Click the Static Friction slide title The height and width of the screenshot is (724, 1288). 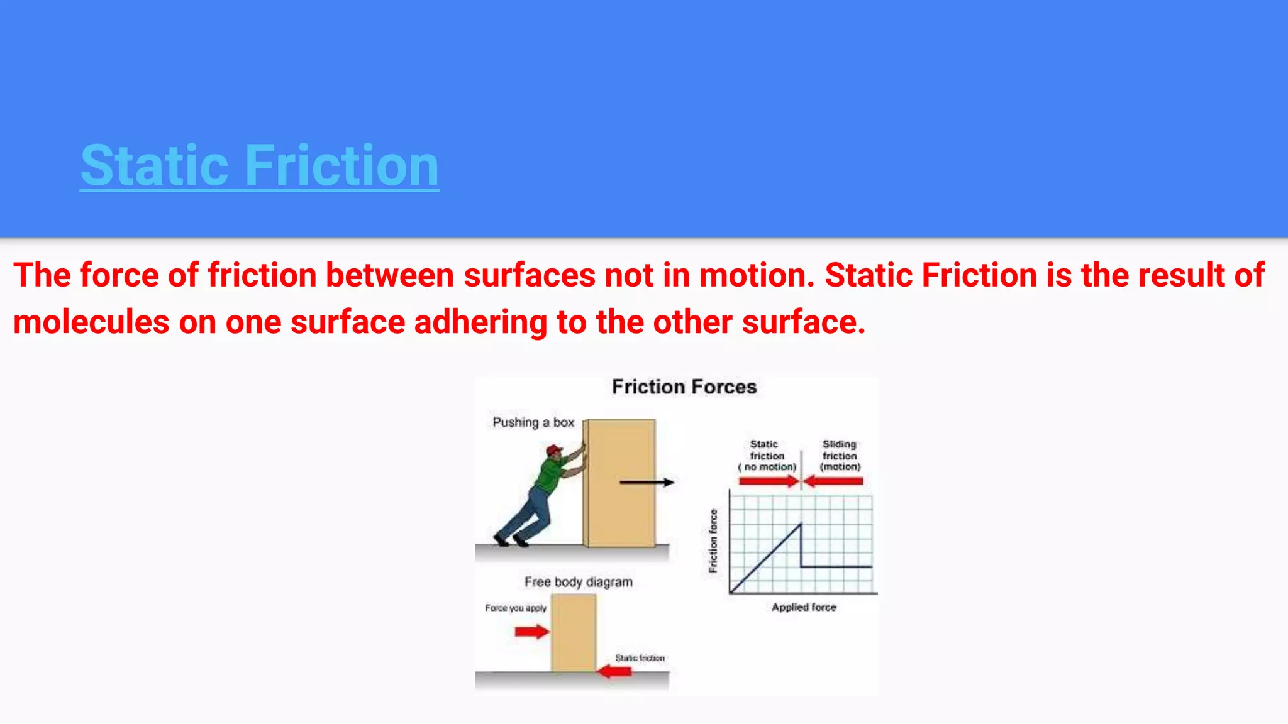pyautogui.click(x=259, y=165)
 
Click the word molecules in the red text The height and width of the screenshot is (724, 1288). pyautogui.click(x=91, y=322)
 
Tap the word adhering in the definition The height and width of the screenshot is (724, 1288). pyautogui.click(x=480, y=322)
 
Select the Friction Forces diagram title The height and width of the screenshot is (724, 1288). pyautogui.click(x=684, y=387)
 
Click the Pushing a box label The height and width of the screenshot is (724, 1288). pyautogui.click(x=533, y=422)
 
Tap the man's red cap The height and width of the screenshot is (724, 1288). pyautogui.click(x=554, y=449)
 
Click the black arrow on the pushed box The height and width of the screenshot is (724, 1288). pyautogui.click(x=646, y=482)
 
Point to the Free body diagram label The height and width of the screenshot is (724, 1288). pyautogui.click(x=578, y=582)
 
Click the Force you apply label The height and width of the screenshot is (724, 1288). pyautogui.click(x=516, y=608)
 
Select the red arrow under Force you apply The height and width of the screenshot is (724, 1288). pyautogui.click(x=531, y=631)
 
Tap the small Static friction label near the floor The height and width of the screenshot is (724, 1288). pyautogui.click(x=640, y=657)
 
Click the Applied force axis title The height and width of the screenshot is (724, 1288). pyautogui.click(x=804, y=607)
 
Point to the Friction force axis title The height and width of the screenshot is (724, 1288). pyautogui.click(x=713, y=540)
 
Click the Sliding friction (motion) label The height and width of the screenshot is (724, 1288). pyautogui.click(x=840, y=456)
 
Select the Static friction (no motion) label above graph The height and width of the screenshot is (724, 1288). pyautogui.click(x=767, y=456)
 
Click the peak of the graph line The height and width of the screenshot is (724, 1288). pyautogui.click(x=801, y=524)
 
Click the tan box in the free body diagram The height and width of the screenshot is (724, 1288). pyautogui.click(x=574, y=633)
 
